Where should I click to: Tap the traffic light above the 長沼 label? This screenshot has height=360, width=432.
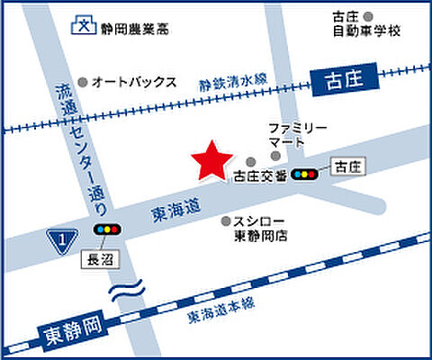(108, 230)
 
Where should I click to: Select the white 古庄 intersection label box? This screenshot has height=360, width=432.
(349, 166)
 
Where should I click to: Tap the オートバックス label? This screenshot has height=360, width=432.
(133, 81)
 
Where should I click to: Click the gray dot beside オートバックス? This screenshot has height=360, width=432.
(83, 80)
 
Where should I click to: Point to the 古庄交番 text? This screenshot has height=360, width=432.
(259, 175)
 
